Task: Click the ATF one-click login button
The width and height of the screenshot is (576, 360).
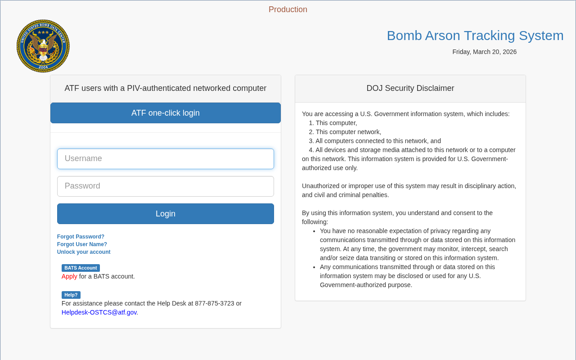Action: [165, 113]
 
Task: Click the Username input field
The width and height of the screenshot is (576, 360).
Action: [165, 159]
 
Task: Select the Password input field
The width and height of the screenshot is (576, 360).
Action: [165, 186]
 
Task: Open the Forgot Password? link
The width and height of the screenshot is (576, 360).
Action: [81, 237]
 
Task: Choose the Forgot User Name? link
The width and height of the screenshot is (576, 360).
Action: [82, 244]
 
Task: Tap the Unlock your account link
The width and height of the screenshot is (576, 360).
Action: [84, 252]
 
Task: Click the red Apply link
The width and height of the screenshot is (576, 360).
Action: [69, 276]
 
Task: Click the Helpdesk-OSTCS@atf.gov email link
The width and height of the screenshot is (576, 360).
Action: [99, 312]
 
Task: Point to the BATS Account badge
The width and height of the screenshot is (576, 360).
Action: [81, 268]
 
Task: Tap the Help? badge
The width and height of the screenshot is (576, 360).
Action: [71, 295]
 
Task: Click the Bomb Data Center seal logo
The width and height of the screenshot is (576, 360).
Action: [43, 46]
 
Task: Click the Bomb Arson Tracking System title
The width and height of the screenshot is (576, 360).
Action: [475, 36]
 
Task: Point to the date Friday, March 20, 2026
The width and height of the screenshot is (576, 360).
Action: [484, 52]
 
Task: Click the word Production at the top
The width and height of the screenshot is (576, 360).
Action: [288, 9]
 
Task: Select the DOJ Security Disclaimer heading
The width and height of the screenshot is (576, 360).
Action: [410, 88]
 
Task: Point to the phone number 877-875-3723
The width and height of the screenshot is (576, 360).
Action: [215, 303]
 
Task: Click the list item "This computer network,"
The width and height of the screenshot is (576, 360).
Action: [348, 132]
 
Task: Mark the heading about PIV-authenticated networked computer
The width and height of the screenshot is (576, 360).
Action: [165, 88]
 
